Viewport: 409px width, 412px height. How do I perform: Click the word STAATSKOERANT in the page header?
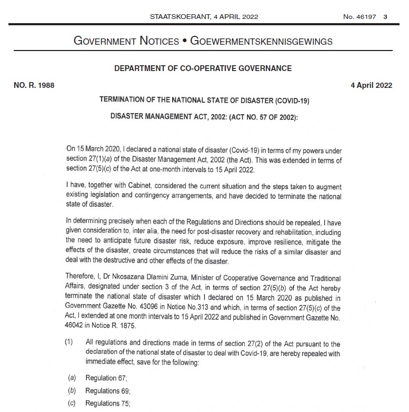point(174,16)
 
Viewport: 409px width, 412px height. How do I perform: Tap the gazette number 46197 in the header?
point(366,16)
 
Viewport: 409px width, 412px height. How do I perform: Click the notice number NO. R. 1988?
point(34,85)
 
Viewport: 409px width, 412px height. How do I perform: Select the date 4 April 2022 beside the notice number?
point(371,85)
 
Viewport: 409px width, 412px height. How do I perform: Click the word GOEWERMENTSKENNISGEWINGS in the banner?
point(261,41)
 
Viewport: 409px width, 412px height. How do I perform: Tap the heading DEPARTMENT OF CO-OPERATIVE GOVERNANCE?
point(203,68)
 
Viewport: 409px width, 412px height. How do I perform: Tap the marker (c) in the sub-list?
point(72,403)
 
